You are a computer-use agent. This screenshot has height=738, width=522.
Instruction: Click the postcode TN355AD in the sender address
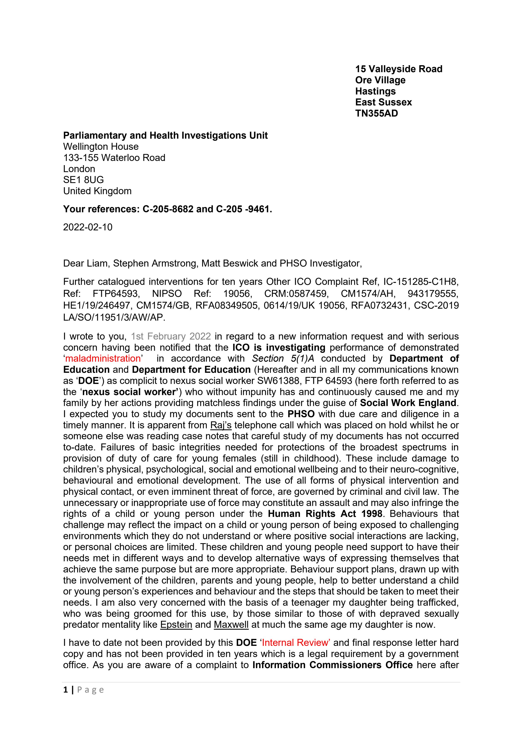click(376, 113)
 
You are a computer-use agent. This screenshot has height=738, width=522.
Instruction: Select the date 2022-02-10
click(88, 227)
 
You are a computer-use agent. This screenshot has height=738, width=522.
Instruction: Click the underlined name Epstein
click(176, 625)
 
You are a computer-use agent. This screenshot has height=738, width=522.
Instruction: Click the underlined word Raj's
click(221, 425)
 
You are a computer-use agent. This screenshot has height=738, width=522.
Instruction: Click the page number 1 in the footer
click(66, 690)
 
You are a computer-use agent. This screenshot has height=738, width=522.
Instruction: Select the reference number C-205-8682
click(168, 209)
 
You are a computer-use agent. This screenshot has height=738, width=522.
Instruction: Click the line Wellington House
click(101, 147)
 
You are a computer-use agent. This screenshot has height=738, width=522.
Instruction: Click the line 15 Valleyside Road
click(398, 69)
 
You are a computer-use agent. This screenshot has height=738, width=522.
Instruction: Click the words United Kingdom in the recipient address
click(97, 191)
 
